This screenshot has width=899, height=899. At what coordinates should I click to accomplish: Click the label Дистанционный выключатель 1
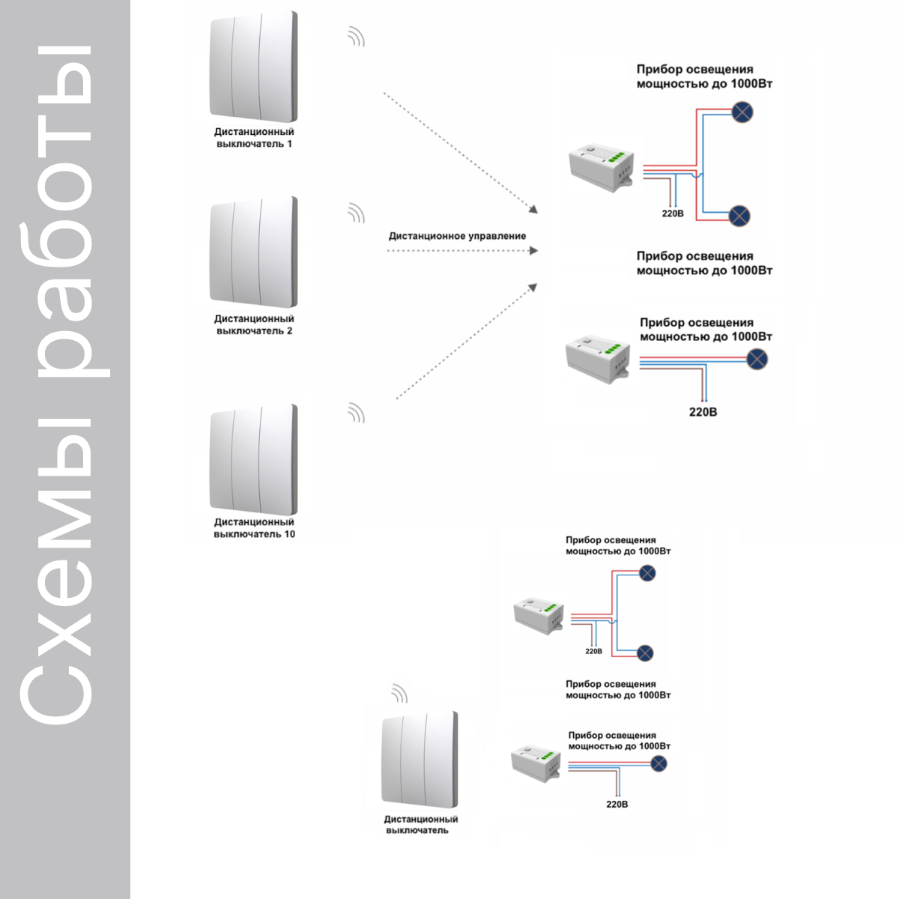pyautogui.click(x=254, y=138)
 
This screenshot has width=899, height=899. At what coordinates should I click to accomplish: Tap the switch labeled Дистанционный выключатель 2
pyautogui.click(x=253, y=252)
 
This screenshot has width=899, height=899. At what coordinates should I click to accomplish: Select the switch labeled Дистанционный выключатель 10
pyautogui.click(x=253, y=459)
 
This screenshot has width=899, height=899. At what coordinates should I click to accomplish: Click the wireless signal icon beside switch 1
pyautogui.click(x=357, y=37)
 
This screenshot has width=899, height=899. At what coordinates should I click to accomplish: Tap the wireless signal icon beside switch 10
pyautogui.click(x=357, y=414)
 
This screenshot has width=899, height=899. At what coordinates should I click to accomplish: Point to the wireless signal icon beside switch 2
pyautogui.click(x=357, y=214)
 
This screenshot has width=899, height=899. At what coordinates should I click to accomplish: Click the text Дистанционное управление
pyautogui.click(x=457, y=236)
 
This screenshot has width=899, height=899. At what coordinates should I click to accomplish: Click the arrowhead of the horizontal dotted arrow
pyautogui.click(x=533, y=251)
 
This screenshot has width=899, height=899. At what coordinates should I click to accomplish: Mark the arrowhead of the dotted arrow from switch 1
pyautogui.click(x=533, y=209)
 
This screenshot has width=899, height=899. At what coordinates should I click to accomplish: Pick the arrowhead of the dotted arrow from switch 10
pyautogui.click(x=533, y=288)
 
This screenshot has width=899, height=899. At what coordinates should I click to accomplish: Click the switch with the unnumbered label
pyautogui.click(x=420, y=760)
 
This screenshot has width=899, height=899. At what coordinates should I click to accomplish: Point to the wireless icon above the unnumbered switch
pyautogui.click(x=400, y=694)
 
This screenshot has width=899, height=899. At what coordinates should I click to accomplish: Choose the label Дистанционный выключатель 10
pyautogui.click(x=254, y=528)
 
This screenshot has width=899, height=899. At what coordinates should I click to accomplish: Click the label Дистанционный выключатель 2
pyautogui.click(x=254, y=324)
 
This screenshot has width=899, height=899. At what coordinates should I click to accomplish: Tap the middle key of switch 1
pyautogui.click(x=246, y=66)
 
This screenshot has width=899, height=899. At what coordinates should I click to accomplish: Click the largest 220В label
pyautogui.click(x=703, y=412)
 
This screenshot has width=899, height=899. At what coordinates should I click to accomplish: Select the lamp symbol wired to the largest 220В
pyautogui.click(x=757, y=360)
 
